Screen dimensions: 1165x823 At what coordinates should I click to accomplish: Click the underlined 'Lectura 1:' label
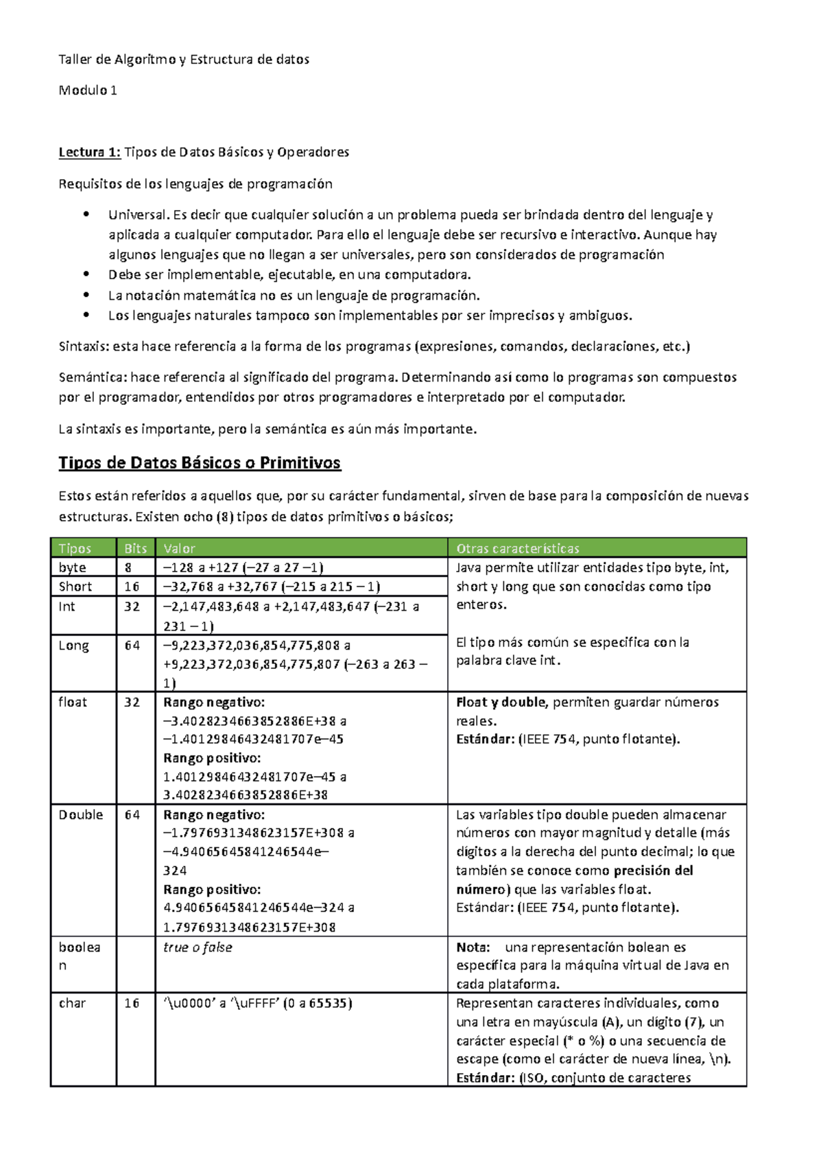[x=89, y=152]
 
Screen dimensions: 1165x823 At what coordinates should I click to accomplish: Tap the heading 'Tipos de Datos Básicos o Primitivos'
[x=200, y=463]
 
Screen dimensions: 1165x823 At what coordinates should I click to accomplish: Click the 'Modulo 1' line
[x=88, y=90]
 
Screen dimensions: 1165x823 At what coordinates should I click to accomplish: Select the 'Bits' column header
[x=135, y=548]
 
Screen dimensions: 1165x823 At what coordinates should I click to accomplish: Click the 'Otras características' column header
[x=518, y=548]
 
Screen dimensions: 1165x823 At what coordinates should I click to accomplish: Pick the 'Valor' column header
[x=179, y=548]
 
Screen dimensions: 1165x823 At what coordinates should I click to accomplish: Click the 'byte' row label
[x=73, y=567]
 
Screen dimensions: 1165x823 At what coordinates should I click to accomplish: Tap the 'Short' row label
[x=75, y=587]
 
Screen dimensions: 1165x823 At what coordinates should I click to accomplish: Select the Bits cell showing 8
[x=128, y=567]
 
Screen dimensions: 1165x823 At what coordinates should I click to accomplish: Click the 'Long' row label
[x=74, y=646]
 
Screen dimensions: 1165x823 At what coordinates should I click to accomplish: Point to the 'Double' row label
[x=81, y=814]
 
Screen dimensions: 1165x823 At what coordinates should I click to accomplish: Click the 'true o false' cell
[x=198, y=948]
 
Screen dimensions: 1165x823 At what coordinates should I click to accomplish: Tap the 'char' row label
[x=73, y=1003]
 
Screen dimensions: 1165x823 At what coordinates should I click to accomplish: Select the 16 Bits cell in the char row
[x=132, y=1003]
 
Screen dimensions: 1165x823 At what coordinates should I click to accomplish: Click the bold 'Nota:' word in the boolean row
[x=473, y=948]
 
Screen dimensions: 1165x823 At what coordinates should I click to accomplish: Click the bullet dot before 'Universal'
[x=86, y=214]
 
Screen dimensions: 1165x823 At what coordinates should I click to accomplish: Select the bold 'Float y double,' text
[x=502, y=702]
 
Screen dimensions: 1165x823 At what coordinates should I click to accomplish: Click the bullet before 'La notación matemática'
[x=86, y=295]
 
